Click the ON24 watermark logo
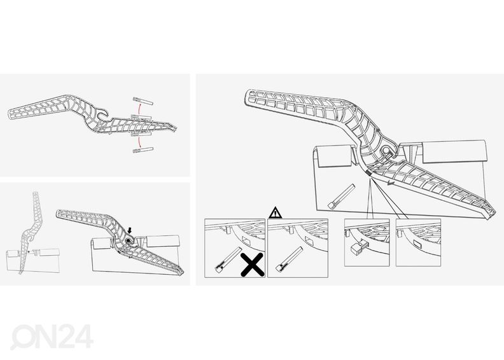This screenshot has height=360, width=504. tap(52, 336)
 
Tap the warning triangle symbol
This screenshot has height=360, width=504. tap(276, 212)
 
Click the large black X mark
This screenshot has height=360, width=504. tap(253, 265)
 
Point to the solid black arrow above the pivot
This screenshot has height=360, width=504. tap(130, 230)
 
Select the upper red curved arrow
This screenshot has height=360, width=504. tap(139, 109)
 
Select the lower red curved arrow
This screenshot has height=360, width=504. tap(139, 142)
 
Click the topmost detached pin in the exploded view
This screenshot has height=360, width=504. tap(143, 100)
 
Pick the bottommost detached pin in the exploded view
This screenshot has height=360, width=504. tap(143, 150)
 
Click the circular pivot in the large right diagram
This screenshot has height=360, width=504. tap(385, 151)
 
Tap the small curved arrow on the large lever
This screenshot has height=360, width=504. tap(390, 183)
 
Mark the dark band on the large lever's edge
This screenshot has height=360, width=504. tap(368, 174)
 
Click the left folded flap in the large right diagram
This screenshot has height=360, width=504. tap(333, 156)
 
